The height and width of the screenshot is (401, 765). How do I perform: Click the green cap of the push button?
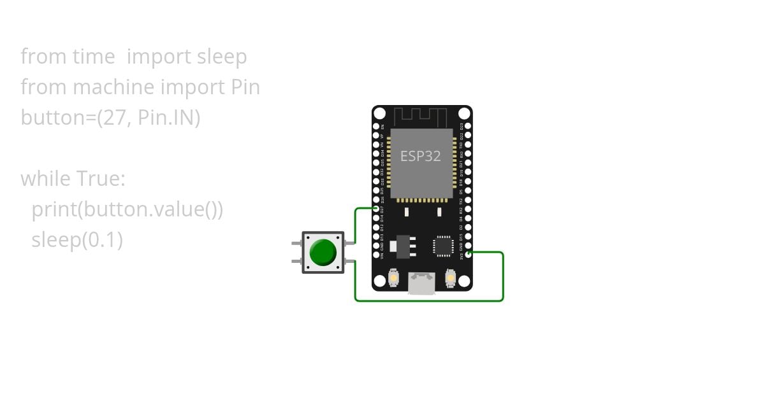click(x=323, y=253)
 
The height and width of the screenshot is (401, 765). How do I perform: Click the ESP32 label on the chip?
click(x=421, y=156)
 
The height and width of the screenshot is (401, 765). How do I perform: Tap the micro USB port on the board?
click(x=421, y=283)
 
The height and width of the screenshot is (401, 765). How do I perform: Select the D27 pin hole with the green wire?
click(x=376, y=208)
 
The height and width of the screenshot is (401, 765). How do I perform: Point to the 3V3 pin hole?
click(x=469, y=254)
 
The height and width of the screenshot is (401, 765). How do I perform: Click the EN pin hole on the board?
click(x=376, y=127)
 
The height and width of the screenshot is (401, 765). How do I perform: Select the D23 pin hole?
click(x=469, y=127)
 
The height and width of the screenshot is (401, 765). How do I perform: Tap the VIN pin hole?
click(x=376, y=254)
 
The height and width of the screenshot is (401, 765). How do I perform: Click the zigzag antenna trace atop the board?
click(x=421, y=116)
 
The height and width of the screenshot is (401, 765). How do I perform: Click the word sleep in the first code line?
click(x=221, y=57)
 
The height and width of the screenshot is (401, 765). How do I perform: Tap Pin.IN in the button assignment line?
click(x=171, y=118)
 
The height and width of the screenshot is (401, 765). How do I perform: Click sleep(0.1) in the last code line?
click(x=76, y=240)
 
